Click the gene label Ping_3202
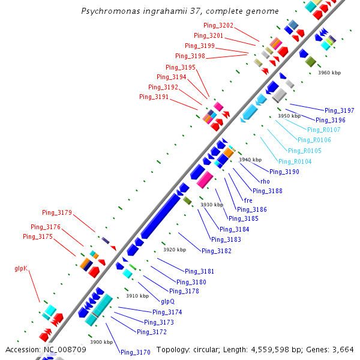tap(218, 26)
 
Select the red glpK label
tap(22, 268)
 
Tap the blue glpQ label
tap(167, 301)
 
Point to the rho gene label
tap(265, 181)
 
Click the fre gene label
tap(248, 200)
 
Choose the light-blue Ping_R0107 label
tap(323, 130)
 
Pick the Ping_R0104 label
tap(295, 161)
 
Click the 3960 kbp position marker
tap(329, 73)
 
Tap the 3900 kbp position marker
tap(101, 342)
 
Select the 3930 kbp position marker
tap(211, 205)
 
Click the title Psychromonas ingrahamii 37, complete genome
tap(179, 11)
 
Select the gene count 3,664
tap(341, 350)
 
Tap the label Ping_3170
tap(135, 352)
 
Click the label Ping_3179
tap(57, 212)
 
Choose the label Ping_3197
tap(339, 110)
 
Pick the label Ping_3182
tap(216, 251)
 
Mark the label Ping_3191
tap(154, 97)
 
